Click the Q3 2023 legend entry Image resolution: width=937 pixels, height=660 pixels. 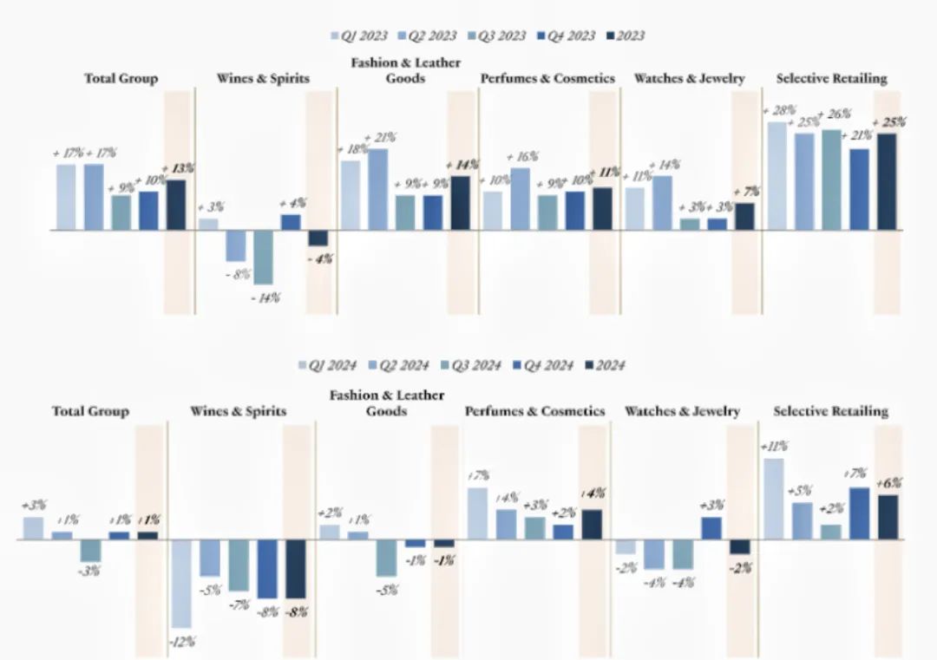(x=497, y=36)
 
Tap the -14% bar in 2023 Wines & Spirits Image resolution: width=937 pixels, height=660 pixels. (x=263, y=257)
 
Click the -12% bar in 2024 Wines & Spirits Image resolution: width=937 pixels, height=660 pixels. (x=180, y=583)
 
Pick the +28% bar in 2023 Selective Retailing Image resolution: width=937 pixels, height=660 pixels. (x=776, y=176)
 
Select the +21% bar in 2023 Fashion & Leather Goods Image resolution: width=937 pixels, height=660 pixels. (x=377, y=189)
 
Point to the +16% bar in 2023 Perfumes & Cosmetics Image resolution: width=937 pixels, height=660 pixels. (x=520, y=199)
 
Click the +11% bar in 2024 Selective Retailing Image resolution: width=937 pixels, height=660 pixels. (x=774, y=499)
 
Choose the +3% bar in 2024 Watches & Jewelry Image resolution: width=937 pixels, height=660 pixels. (x=711, y=528)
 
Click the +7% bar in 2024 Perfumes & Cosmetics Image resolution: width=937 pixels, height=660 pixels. (x=477, y=513)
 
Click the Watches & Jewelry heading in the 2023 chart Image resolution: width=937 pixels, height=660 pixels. (x=689, y=79)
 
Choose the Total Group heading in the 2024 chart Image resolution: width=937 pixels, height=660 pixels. (x=90, y=411)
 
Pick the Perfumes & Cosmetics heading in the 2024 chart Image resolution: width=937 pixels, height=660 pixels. (x=534, y=411)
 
